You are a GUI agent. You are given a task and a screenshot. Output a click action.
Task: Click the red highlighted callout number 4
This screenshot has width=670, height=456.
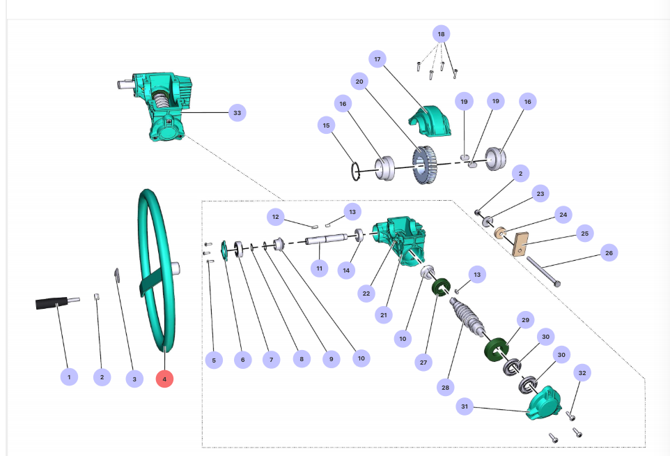(164, 379)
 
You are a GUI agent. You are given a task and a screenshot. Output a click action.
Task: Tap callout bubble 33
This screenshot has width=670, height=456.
(237, 112)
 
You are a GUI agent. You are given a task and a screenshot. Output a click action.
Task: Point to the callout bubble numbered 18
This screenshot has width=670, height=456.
(440, 33)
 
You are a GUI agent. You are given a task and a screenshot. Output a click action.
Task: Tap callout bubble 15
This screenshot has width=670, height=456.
(325, 126)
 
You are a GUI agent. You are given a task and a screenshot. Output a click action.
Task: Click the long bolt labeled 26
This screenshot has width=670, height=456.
(544, 272)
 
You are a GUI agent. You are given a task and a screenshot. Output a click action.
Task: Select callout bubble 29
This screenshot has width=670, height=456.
(525, 319)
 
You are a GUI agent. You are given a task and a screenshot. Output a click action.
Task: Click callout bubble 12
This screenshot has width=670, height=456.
(276, 217)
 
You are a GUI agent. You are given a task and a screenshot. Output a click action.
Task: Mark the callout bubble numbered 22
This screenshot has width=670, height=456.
(366, 294)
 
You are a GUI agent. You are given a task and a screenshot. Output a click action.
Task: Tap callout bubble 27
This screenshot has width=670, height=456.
(422, 363)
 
